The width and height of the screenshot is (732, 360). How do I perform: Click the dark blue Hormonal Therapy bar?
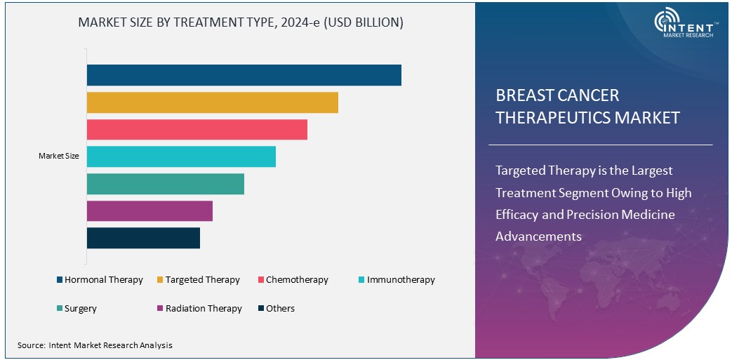244,75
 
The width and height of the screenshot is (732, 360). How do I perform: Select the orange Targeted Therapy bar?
212,102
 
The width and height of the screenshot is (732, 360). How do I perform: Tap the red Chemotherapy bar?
197,129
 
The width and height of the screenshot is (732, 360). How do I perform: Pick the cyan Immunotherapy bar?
181,156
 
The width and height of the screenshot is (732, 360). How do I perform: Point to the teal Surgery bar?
165,184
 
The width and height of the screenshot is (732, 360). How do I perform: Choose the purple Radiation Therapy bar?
149,211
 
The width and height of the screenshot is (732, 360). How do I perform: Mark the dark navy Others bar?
143,238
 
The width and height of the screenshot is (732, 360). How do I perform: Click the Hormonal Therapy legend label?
103,280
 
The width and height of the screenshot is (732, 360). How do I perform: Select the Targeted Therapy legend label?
202,280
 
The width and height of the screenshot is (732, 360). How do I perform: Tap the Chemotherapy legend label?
297,280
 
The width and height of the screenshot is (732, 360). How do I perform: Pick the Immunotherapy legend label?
401,280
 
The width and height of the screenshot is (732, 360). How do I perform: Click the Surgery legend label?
81,309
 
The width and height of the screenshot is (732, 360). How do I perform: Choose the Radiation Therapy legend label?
204,309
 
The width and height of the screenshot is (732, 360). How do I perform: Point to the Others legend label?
280,309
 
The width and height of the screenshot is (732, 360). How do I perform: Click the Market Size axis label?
58,156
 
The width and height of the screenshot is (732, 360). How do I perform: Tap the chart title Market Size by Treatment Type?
241,22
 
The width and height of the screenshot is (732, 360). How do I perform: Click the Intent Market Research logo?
684,24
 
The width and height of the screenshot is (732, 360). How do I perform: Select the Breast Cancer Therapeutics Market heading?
587,107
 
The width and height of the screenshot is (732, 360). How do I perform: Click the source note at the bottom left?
95,345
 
